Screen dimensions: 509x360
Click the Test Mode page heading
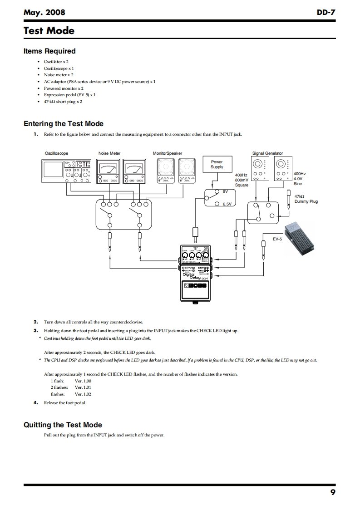pyautogui.click(x=49, y=31)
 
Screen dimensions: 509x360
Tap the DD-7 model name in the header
pyautogui.click(x=326, y=13)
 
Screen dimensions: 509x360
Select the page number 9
pyautogui.click(x=333, y=493)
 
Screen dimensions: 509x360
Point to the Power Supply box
pyautogui.click(x=217, y=164)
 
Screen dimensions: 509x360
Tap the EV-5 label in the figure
pyautogui.click(x=277, y=238)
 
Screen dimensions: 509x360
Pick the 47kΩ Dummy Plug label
pyautogui.click(x=306, y=199)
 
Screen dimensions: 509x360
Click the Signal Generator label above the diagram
pyautogui.click(x=267, y=153)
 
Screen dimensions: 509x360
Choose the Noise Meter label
pyautogui.click(x=109, y=153)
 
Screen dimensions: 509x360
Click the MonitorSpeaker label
pyautogui.click(x=167, y=153)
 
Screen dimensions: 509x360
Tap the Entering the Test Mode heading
pyautogui.click(x=63, y=123)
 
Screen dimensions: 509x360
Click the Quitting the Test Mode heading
pyautogui.click(x=63, y=425)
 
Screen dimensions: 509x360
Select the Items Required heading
pyautogui.click(x=49, y=51)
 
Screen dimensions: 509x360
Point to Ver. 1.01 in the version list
pyautogui.click(x=83, y=387)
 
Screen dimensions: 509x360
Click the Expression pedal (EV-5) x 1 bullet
pyautogui.click(x=69, y=95)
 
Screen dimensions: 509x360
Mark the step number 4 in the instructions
pyautogui.click(x=35, y=402)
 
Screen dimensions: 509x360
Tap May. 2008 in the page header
pyautogui.click(x=44, y=13)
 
